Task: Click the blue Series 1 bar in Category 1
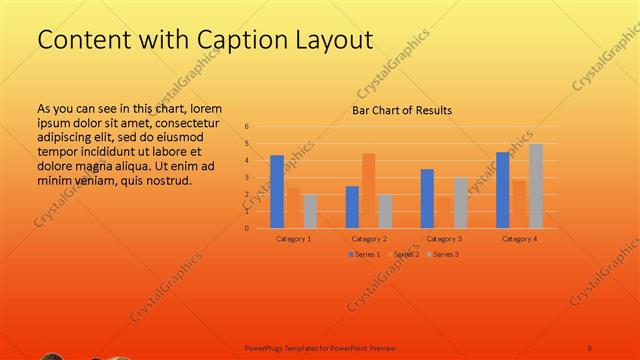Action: click(x=277, y=191)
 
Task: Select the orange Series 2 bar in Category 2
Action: click(x=369, y=190)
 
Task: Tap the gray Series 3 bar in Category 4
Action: click(x=536, y=186)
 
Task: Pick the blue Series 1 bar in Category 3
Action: click(x=427, y=198)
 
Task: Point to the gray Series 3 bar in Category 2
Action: click(x=385, y=211)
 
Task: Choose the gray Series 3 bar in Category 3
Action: click(x=460, y=203)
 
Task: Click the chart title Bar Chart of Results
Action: click(x=402, y=110)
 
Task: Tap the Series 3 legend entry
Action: click(x=443, y=254)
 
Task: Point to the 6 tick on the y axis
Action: click(x=247, y=127)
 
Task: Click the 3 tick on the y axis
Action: click(x=247, y=177)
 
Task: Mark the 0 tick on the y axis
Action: click(x=247, y=228)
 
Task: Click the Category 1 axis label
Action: click(x=293, y=239)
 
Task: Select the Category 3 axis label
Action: click(x=444, y=239)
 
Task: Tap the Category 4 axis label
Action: click(x=520, y=239)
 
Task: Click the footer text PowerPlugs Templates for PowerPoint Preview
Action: click(x=320, y=347)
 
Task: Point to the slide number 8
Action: click(x=590, y=347)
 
